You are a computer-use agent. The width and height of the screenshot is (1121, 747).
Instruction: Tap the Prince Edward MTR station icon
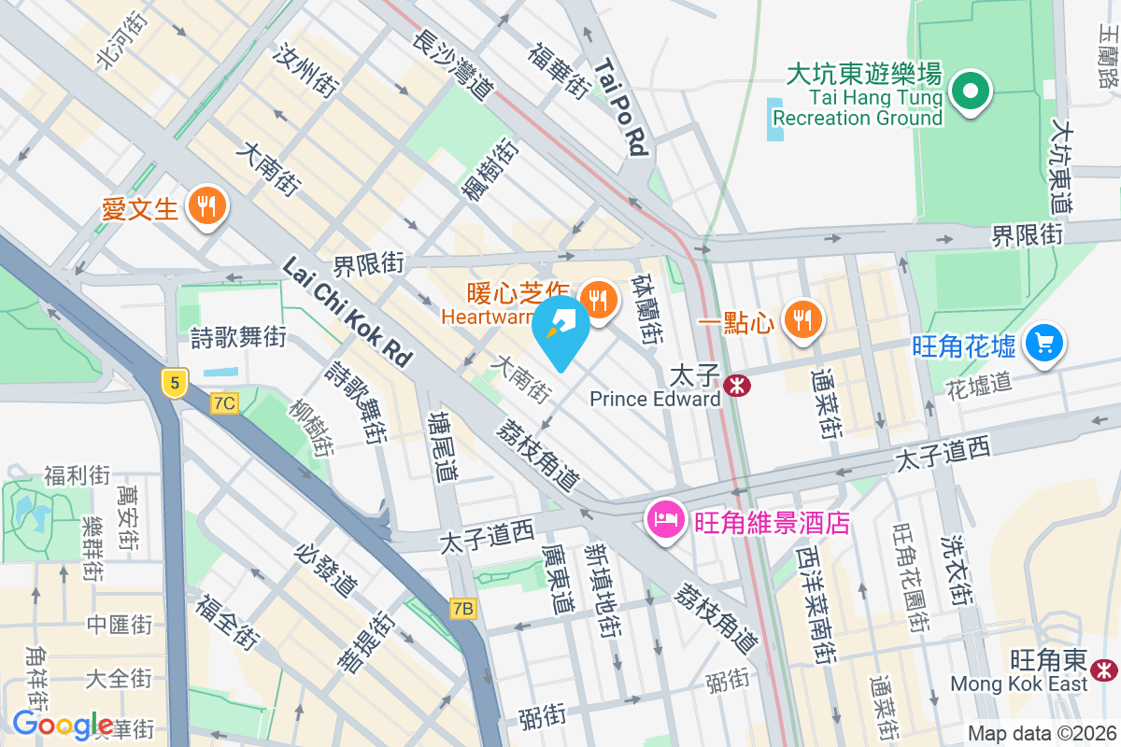[x=737, y=384]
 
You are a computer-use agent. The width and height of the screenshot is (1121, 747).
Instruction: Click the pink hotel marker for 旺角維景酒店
[x=664, y=520]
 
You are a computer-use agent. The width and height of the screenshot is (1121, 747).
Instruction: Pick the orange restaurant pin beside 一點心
[x=802, y=318]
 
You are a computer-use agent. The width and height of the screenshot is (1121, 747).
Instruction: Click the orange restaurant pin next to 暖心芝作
[x=596, y=299]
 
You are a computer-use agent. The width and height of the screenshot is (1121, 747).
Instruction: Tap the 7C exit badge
[x=224, y=403]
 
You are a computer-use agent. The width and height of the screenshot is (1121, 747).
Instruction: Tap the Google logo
[x=64, y=725]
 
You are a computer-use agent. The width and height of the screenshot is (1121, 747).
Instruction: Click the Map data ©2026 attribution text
[x=1041, y=734]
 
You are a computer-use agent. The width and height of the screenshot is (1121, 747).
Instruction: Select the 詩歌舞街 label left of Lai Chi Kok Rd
[x=238, y=338]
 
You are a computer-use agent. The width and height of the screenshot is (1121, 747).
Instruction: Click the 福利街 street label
[x=78, y=475]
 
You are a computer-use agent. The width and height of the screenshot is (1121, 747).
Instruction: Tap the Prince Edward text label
[x=655, y=400]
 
